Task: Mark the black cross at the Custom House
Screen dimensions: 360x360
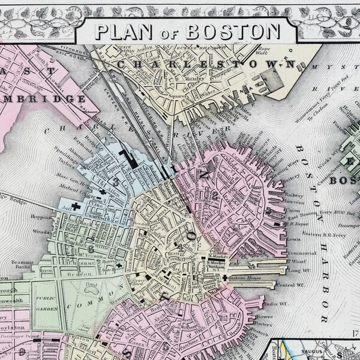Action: click(x=225, y=278)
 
